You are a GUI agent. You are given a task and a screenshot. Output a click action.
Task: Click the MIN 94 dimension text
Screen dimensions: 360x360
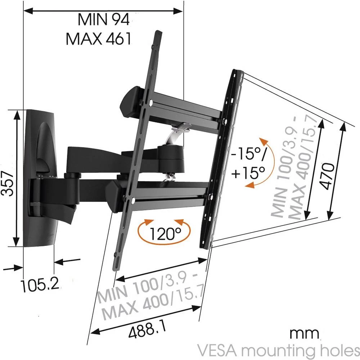coord(103,19)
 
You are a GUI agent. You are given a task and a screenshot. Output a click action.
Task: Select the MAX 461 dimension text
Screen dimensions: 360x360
coord(98,39)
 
